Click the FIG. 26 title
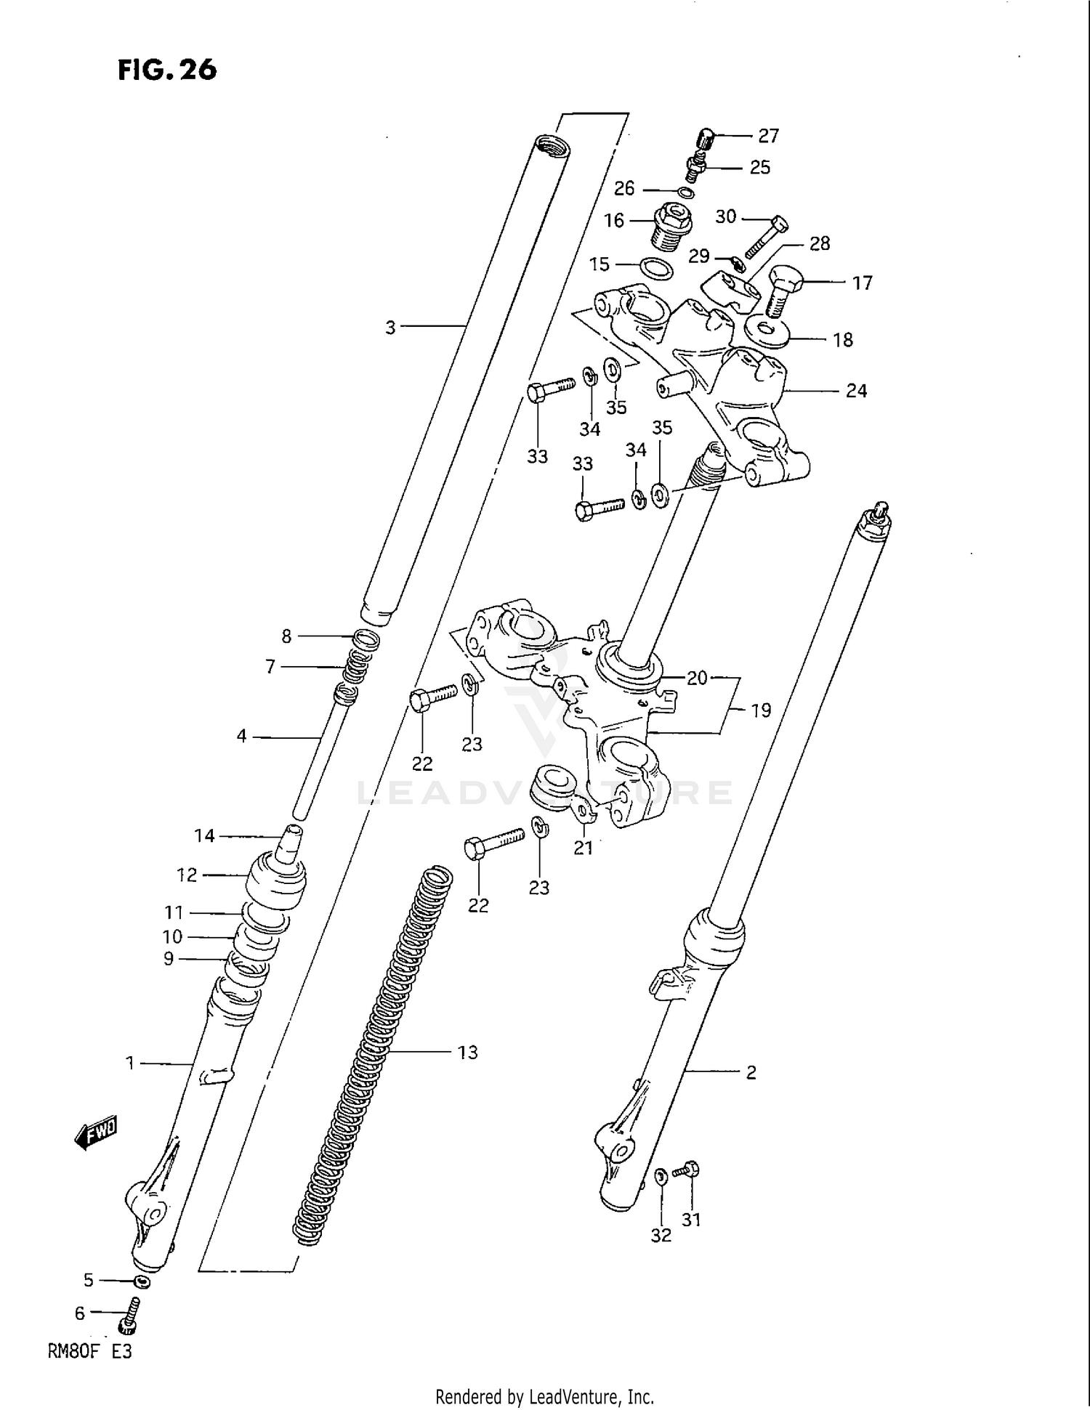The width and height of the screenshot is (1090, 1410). (167, 70)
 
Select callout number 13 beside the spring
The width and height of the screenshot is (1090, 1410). (467, 1052)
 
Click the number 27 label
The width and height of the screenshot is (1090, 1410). (768, 136)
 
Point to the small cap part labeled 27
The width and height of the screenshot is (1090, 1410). (706, 136)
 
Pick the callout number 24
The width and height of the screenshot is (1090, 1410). (856, 391)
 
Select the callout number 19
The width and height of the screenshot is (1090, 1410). (760, 710)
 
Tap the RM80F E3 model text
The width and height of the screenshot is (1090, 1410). (89, 1352)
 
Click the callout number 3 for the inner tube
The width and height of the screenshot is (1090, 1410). (390, 328)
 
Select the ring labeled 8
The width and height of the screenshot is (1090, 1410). (367, 639)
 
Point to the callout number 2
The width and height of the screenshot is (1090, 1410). (751, 1072)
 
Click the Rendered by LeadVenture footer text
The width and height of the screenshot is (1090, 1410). (544, 1396)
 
